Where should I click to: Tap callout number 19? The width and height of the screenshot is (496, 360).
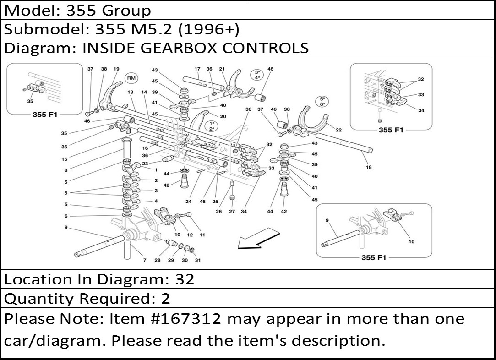pos(116,69)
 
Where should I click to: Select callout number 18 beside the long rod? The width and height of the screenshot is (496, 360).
pos(368,168)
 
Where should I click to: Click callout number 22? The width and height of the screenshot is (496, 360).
pos(338,130)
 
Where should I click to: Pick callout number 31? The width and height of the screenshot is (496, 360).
pos(197,260)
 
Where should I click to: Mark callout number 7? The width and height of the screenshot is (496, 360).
pos(144,260)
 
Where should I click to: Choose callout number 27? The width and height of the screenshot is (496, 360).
pos(232,211)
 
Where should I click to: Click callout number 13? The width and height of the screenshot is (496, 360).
pos(131,93)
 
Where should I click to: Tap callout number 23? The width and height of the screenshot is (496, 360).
pos(145,164)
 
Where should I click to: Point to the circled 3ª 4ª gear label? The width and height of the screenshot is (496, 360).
pos(257,75)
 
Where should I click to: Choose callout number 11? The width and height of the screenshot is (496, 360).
pos(202,235)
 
